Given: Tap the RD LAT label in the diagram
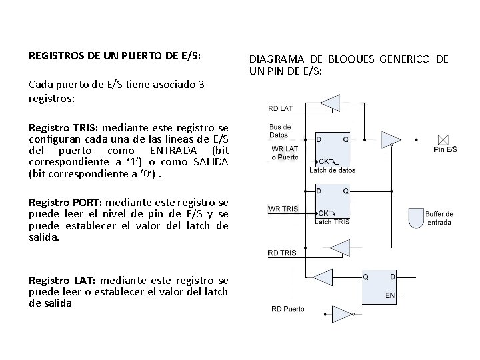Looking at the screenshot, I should tap(279, 108).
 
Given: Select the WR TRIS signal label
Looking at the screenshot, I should tap(283, 208).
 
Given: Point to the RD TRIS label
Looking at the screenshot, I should tap(281, 253).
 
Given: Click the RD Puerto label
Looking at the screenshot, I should tap(288, 308).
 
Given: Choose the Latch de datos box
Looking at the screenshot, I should tap(332, 150).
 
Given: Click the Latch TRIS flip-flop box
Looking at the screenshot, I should tap(332, 202).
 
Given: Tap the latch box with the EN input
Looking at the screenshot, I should tap(379, 285).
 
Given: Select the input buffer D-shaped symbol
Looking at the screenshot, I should tap(415, 217).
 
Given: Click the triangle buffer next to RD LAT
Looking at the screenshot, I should tap(331, 102).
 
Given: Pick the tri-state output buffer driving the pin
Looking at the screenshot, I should tap(391, 139).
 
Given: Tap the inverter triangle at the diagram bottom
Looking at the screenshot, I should tap(344, 313).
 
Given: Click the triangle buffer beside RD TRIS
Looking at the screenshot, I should tap(340, 248).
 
